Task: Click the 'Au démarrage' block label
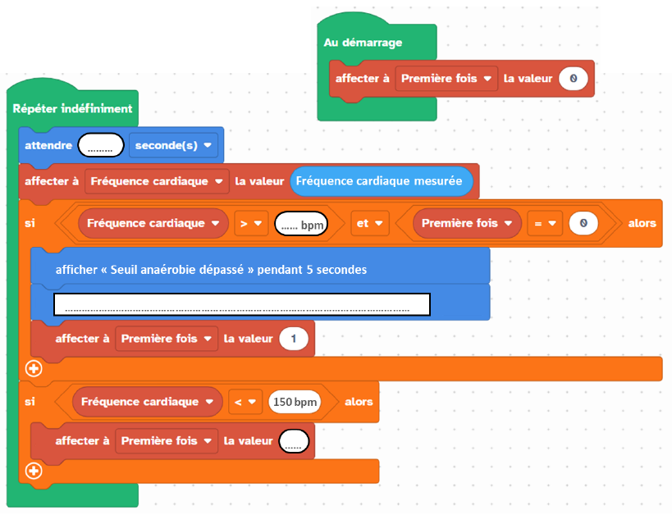[x=363, y=43]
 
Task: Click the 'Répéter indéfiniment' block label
[x=72, y=108]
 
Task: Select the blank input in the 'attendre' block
[x=101, y=145]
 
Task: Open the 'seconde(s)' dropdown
[x=173, y=145]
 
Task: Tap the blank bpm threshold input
[x=301, y=224]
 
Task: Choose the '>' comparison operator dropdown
[x=251, y=223]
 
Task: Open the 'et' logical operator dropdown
[x=370, y=223]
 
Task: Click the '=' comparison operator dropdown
[x=545, y=223]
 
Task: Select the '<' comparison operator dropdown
[x=245, y=402]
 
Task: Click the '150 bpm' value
[x=295, y=402]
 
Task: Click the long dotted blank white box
[x=242, y=304]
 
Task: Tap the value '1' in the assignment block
[x=294, y=339]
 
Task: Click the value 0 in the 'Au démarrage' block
[x=574, y=79]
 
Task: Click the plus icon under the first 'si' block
[x=34, y=368]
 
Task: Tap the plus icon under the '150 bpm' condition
[x=34, y=471]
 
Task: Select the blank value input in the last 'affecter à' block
[x=294, y=441]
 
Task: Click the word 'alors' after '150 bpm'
[x=359, y=402]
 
